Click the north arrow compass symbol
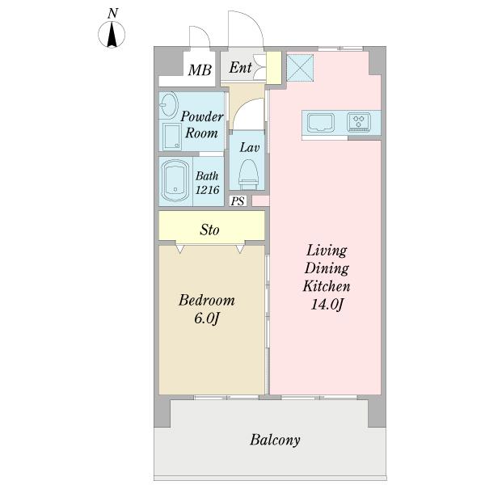click(x=112, y=34)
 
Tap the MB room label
click(x=200, y=70)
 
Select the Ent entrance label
click(x=240, y=67)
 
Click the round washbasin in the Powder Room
click(x=169, y=105)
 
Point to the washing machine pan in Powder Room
click(x=172, y=137)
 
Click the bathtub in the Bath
click(x=175, y=180)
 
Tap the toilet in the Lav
click(x=249, y=174)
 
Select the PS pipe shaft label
click(x=238, y=201)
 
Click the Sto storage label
click(x=209, y=230)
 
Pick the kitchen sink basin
click(x=321, y=123)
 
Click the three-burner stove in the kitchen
click(x=359, y=122)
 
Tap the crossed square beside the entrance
click(x=300, y=68)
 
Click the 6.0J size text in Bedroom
click(x=207, y=318)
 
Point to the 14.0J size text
click(x=327, y=305)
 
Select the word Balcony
click(x=275, y=441)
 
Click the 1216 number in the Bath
click(x=207, y=190)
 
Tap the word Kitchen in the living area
click(x=327, y=286)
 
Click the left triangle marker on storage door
click(x=180, y=248)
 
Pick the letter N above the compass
click(x=113, y=13)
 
